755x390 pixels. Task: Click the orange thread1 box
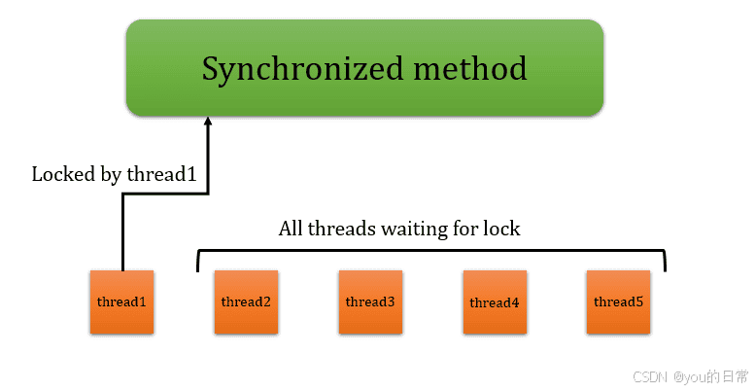point(121,302)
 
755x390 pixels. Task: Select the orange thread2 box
point(246,302)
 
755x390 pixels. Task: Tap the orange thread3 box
point(370,302)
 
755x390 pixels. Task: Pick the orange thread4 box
point(495,302)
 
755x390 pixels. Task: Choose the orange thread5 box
point(619,302)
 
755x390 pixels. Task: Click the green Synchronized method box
point(364,68)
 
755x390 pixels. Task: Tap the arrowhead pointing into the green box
point(206,122)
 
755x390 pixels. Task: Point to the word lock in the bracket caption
point(502,230)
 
